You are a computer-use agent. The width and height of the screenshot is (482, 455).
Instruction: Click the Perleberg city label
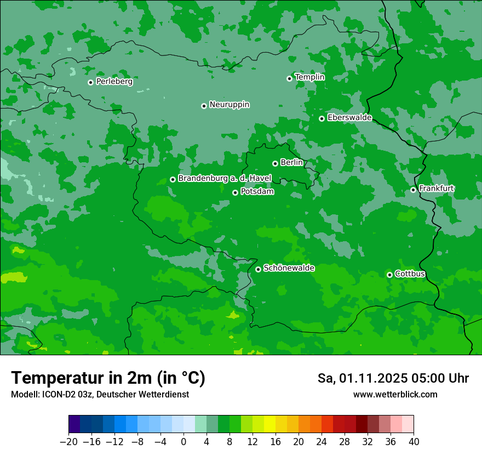[x=114, y=82]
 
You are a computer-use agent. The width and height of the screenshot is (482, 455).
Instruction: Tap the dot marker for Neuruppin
[x=204, y=106]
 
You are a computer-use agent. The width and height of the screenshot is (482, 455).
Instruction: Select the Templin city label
[x=309, y=77]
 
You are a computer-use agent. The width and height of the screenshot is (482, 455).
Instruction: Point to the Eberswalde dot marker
[x=322, y=118]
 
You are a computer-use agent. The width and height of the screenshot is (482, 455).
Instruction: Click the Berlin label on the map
[x=291, y=162]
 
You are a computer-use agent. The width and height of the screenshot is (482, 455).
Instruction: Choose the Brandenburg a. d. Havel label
[x=225, y=178]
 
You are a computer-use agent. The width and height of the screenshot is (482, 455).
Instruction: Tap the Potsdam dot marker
[x=235, y=192]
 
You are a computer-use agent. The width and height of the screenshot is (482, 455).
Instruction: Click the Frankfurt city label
[x=437, y=189]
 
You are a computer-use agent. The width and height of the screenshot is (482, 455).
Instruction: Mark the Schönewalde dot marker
[x=258, y=269]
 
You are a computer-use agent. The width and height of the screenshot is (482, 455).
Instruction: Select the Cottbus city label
[x=410, y=274]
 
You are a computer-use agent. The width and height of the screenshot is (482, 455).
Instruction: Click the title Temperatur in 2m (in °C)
[x=108, y=378]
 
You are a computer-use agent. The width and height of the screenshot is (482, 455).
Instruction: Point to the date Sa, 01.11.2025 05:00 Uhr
[x=393, y=378]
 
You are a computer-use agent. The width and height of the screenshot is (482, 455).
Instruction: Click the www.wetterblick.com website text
[x=395, y=394]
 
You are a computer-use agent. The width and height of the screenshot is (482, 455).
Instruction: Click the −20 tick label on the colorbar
[x=68, y=442]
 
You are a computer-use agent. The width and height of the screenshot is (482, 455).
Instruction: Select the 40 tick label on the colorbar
[x=414, y=442]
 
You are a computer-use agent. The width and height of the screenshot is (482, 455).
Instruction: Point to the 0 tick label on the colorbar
[x=183, y=442]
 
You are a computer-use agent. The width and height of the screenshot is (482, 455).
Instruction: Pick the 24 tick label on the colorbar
[x=322, y=442]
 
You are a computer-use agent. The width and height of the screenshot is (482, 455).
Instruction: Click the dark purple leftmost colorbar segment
[x=74, y=425]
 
